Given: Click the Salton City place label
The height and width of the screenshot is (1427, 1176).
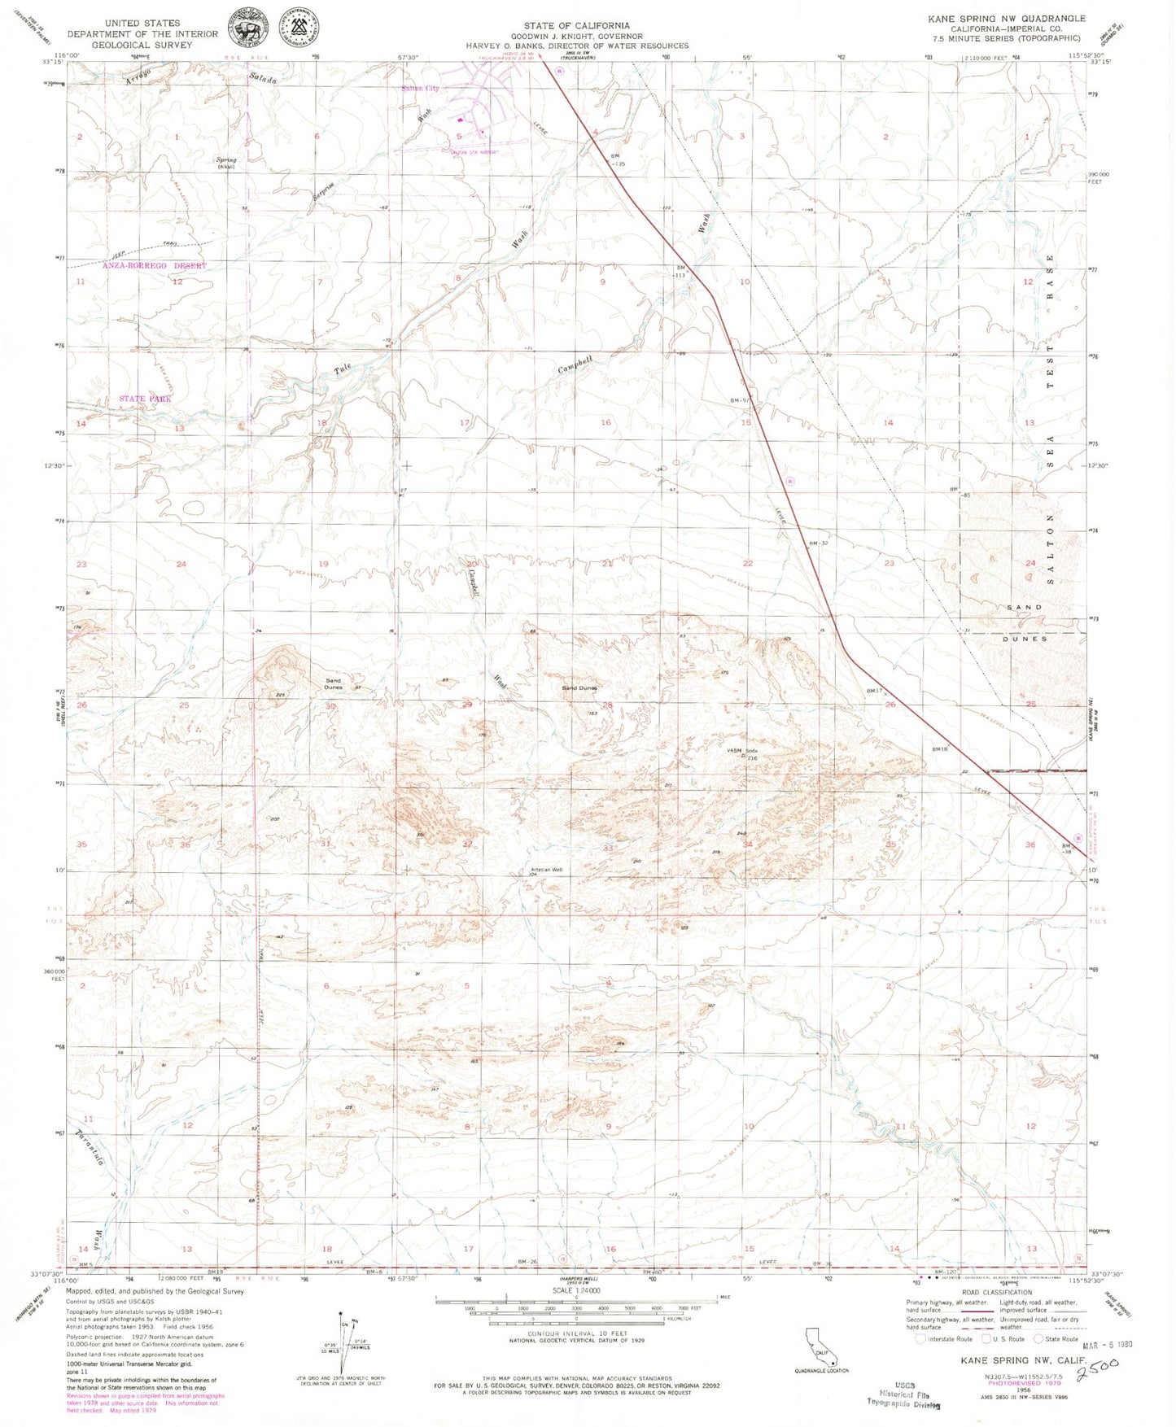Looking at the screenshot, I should point(421,89).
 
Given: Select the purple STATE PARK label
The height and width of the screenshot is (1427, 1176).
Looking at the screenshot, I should point(146,399).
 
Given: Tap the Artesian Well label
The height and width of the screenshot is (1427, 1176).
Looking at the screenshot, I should point(546,871).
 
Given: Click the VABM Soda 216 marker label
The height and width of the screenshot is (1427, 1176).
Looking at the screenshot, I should point(742,753).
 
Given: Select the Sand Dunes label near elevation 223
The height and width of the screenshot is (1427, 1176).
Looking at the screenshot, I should point(334,683).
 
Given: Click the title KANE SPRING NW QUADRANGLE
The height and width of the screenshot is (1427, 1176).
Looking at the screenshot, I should point(1006,18).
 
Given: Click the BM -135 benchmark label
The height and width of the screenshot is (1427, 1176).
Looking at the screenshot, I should point(619,159).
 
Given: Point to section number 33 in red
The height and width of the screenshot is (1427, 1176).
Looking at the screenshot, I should point(608,848).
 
